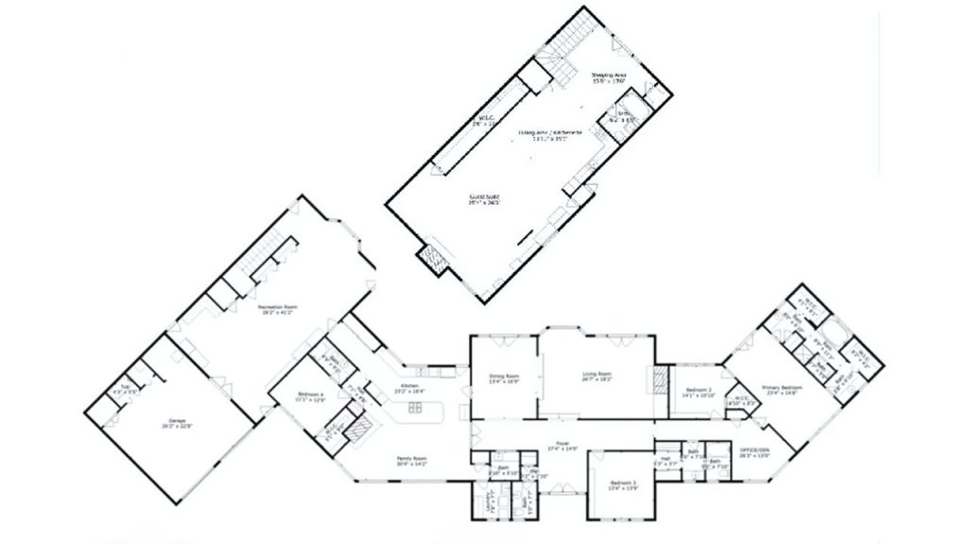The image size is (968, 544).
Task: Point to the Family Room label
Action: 412,462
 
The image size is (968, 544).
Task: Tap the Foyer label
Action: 561,448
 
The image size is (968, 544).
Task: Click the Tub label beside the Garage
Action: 118,390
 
